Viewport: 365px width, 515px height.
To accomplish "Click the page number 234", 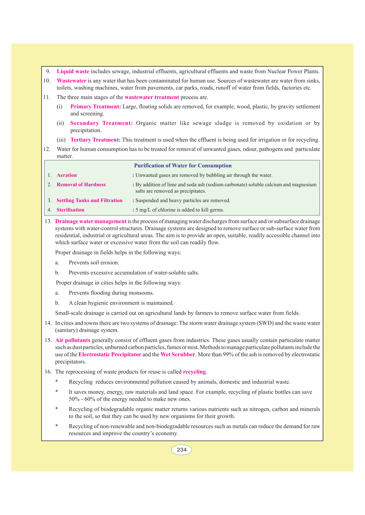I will pyautogui.click(x=181, y=450).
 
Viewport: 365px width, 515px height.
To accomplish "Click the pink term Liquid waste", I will pyautogui.click(x=73, y=72).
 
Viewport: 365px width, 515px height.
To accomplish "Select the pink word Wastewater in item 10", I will pyautogui.click(x=71, y=81).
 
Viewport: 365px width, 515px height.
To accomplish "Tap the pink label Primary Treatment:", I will pyautogui.click(x=96, y=107).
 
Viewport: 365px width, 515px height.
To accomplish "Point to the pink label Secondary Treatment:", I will pyautogui.click(x=101, y=123).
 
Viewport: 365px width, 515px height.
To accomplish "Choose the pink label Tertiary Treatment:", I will pyautogui.click(x=95, y=140).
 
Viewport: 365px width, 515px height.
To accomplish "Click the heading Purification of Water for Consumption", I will pyautogui.click(x=183, y=166).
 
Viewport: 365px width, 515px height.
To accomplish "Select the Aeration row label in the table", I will pyautogui.click(x=67, y=175).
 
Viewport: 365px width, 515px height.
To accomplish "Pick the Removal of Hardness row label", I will pyautogui.click(x=81, y=185).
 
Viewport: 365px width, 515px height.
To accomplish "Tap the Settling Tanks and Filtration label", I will pyautogui.click(x=89, y=201).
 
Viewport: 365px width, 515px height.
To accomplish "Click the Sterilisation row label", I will pyautogui.click(x=70, y=210).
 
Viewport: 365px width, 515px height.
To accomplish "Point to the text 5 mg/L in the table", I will pyautogui.click(x=143, y=210).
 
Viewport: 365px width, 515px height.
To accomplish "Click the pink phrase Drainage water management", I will pyautogui.click(x=91, y=221).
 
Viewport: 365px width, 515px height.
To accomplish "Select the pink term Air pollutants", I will pyautogui.click(x=73, y=340).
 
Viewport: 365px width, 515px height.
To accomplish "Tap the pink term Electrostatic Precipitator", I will pyautogui.click(x=110, y=355).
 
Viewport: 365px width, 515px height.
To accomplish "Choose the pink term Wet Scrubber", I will pyautogui.click(x=178, y=355).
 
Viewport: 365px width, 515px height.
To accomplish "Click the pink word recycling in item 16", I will pyautogui.click(x=194, y=372).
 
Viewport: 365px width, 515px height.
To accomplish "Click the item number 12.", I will pyautogui.click(x=47, y=149).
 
